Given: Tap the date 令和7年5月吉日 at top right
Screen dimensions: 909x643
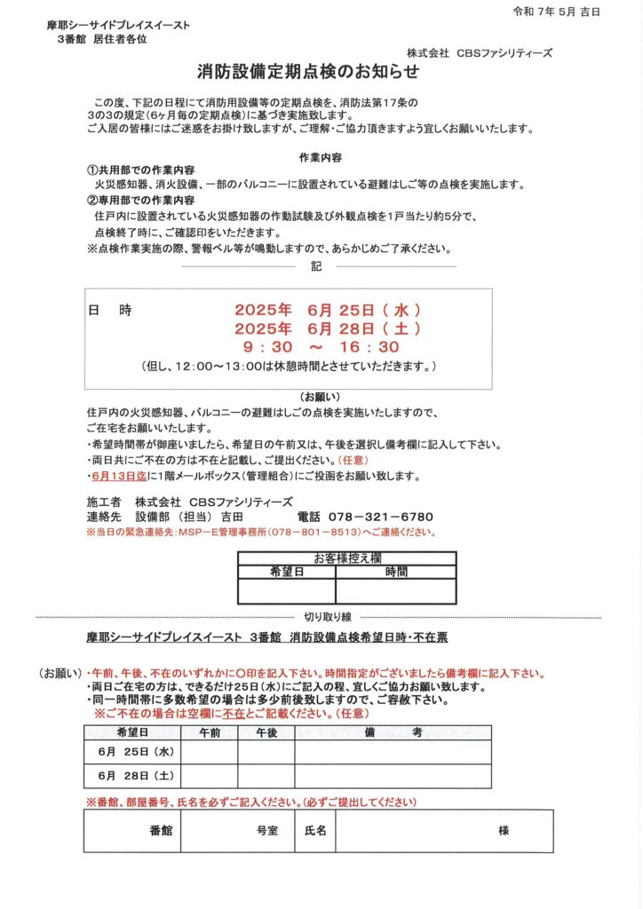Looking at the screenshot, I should tap(556, 12).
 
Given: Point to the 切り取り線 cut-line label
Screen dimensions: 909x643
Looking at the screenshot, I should tap(328, 616).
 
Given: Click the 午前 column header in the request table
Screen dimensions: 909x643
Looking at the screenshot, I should tap(210, 732).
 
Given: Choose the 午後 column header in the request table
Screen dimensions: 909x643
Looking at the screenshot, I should tap(266, 732).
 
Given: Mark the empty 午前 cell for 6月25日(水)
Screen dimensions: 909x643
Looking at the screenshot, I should tap(210, 752).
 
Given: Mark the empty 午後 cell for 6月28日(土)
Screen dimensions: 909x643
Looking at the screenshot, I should tap(266, 777).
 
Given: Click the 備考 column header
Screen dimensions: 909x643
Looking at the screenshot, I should tap(393, 732).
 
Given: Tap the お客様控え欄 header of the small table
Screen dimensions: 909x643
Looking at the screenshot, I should tap(347, 558).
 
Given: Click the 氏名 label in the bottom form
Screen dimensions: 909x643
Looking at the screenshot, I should tap(316, 831).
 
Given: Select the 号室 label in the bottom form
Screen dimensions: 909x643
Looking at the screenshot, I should tap(266, 831).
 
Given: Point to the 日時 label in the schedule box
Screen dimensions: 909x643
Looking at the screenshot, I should tap(110, 311).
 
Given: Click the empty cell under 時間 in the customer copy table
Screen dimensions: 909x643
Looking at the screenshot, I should tap(396, 590).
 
